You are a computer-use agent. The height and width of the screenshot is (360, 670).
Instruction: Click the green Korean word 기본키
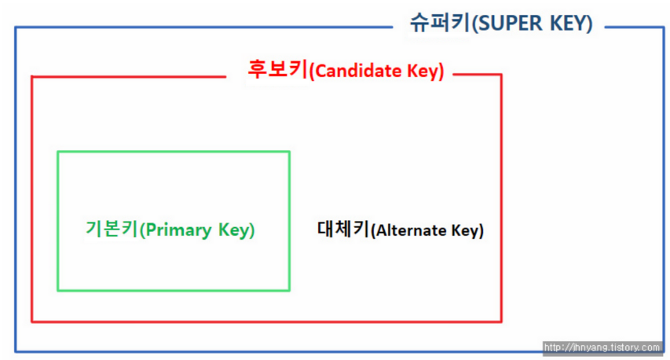click(112, 230)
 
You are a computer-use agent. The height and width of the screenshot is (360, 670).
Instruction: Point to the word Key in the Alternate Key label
click(467, 231)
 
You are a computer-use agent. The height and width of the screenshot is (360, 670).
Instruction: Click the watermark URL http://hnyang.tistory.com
click(602, 347)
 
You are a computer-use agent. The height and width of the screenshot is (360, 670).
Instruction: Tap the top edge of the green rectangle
click(173, 152)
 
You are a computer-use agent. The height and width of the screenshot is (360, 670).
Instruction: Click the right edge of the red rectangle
click(500, 197)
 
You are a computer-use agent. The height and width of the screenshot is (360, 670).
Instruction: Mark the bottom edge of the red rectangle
click(267, 321)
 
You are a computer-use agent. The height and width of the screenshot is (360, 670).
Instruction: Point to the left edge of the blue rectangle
click(15, 189)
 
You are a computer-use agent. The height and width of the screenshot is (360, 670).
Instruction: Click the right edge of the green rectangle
click(289, 220)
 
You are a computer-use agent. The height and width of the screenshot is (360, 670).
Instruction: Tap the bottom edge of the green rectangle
click(173, 290)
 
